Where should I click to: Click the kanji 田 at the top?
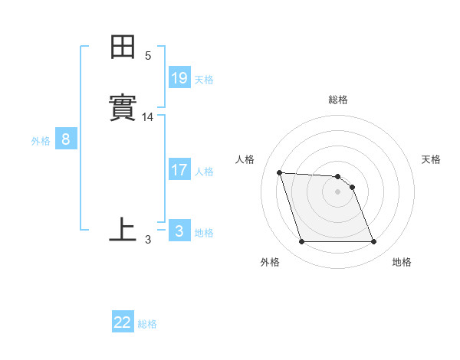(123, 47)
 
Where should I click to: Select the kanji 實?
(123, 108)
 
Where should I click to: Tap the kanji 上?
(123, 230)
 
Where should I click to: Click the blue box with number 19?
(179, 78)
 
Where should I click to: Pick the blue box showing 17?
(179, 170)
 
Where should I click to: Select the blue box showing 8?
(66, 139)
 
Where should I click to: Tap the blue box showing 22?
(123, 322)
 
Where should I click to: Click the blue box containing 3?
(179, 231)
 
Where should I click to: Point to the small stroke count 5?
(148, 56)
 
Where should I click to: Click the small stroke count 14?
(148, 117)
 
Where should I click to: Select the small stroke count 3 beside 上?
(148, 240)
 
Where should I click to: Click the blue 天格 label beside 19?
(204, 80)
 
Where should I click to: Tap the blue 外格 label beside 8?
(41, 141)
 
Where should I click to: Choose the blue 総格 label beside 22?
(147, 324)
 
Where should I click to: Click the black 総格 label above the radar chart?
(338, 100)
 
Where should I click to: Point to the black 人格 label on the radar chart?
(245, 159)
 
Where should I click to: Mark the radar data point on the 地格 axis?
(373, 242)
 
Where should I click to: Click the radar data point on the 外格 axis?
(301, 242)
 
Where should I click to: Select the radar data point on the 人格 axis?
(279, 172)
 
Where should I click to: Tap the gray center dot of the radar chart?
(337, 191)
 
